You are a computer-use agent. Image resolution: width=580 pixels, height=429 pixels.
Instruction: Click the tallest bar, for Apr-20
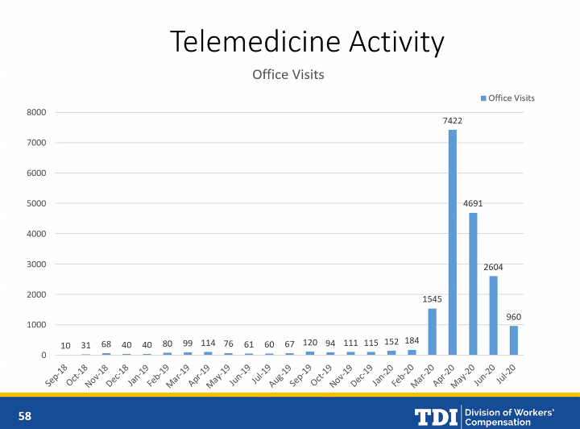[x=453, y=242]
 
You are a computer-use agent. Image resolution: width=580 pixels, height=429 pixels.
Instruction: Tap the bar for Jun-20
[x=493, y=315]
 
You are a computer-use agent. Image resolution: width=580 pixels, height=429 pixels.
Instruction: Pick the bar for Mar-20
[x=433, y=331]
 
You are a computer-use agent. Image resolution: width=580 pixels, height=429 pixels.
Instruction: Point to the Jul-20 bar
[x=514, y=340]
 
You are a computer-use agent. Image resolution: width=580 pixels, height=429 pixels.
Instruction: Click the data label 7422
[x=453, y=120]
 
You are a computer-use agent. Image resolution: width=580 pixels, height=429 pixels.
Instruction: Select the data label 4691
[x=473, y=203]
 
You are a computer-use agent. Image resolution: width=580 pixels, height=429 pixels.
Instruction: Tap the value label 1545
[x=433, y=299]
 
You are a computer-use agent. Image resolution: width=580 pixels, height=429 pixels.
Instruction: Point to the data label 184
[x=412, y=340]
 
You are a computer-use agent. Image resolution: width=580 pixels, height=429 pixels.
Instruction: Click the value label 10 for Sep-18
[x=65, y=346]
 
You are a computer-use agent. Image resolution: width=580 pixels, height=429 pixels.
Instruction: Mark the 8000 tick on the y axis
[x=35, y=112]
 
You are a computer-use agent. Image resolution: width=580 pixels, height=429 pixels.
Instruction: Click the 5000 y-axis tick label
[x=35, y=203]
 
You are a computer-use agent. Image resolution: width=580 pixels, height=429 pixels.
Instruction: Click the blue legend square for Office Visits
[x=483, y=98]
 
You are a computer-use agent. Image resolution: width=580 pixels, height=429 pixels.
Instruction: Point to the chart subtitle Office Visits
[x=288, y=75]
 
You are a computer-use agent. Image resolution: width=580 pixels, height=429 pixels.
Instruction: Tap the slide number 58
[x=25, y=416]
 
